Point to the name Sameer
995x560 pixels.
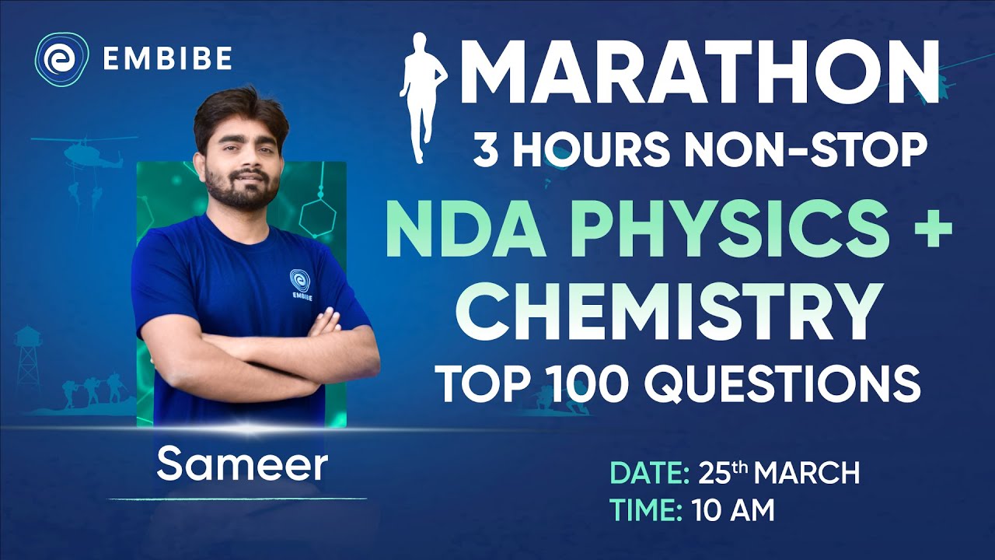[x=241, y=464]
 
